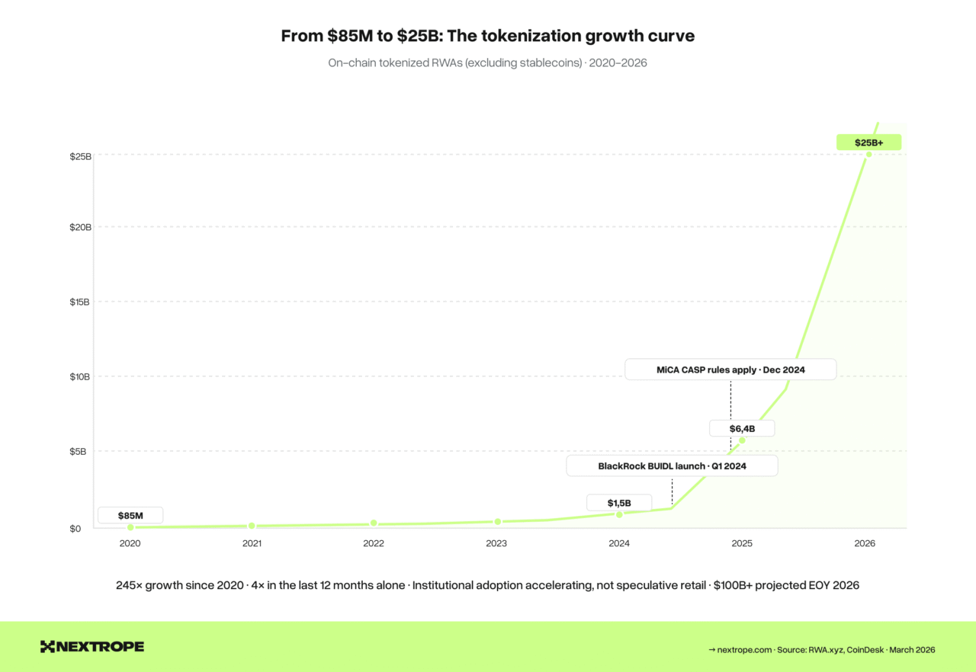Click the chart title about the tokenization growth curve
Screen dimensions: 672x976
487,36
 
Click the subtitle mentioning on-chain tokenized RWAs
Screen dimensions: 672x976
487,62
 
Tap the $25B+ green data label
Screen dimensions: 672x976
868,142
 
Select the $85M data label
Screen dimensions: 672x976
130,516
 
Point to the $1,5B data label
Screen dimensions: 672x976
619,503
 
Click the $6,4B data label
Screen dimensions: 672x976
742,428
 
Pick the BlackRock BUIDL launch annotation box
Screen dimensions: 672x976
672,466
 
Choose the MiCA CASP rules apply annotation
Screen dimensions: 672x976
730,370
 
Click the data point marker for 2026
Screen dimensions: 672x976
868,154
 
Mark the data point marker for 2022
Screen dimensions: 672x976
374,523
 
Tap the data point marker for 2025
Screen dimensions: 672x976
742,440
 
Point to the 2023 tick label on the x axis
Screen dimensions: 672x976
496,544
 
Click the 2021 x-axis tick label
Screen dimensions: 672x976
252,544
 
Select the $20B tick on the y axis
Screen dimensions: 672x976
80,227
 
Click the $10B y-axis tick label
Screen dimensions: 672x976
80,376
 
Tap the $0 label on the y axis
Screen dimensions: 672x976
75,529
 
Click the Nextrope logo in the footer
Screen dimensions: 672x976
92,647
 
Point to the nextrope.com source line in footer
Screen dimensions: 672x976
821,650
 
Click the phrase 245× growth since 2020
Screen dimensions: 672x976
184,585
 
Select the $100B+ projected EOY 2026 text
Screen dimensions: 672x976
786,585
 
